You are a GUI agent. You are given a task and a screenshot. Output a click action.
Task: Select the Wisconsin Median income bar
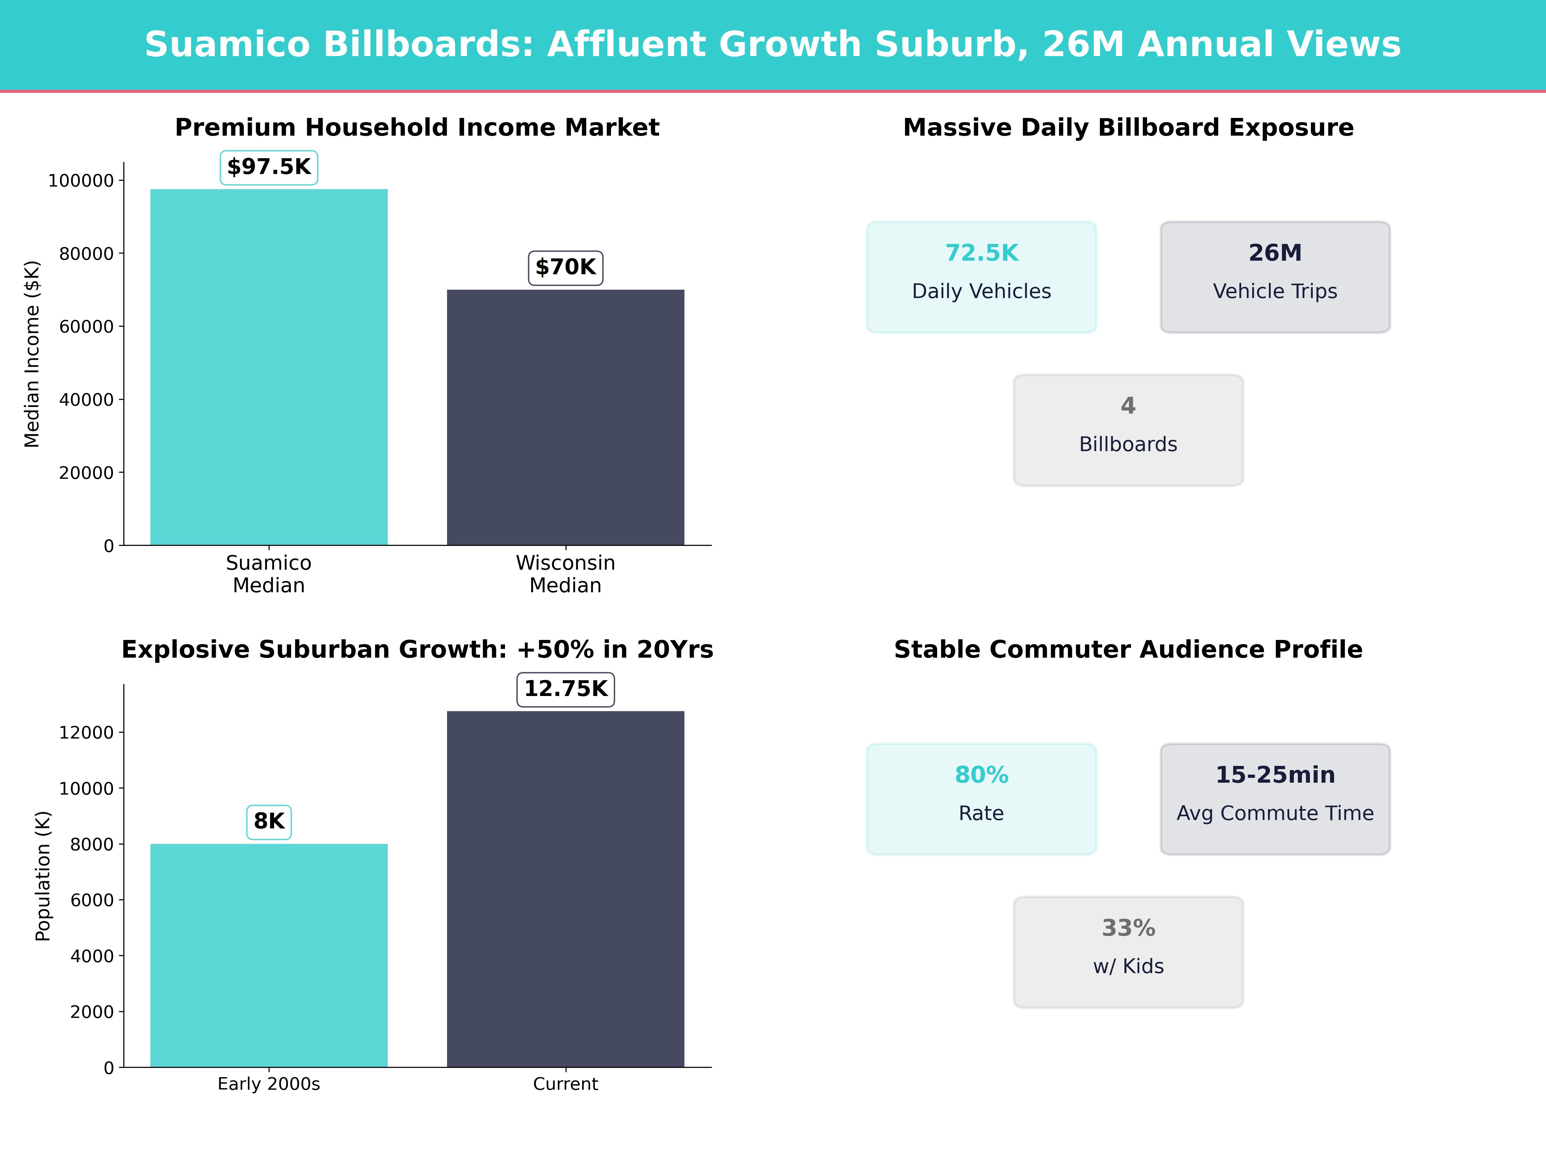pyautogui.click(x=566, y=417)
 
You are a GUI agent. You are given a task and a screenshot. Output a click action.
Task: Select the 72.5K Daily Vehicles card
pyautogui.click(x=981, y=277)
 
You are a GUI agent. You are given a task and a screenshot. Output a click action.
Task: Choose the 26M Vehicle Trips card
pyautogui.click(x=1275, y=277)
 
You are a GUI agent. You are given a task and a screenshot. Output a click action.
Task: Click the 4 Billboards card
pyautogui.click(x=1128, y=430)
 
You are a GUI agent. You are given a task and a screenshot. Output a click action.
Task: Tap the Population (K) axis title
pyautogui.click(x=43, y=876)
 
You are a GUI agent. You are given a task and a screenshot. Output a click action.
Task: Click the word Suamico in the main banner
pyautogui.click(x=227, y=45)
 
